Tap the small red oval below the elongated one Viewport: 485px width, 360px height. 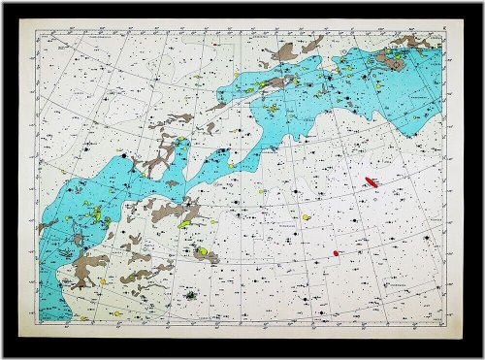click(336, 253)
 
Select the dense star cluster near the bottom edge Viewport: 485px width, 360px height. click(192, 294)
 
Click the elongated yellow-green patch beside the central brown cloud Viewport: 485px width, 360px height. click(184, 223)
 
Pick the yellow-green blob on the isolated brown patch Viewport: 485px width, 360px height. click(202, 253)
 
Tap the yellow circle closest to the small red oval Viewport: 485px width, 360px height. click(305, 217)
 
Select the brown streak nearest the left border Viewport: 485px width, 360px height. click(47, 225)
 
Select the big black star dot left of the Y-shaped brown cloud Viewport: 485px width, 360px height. click(125, 154)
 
